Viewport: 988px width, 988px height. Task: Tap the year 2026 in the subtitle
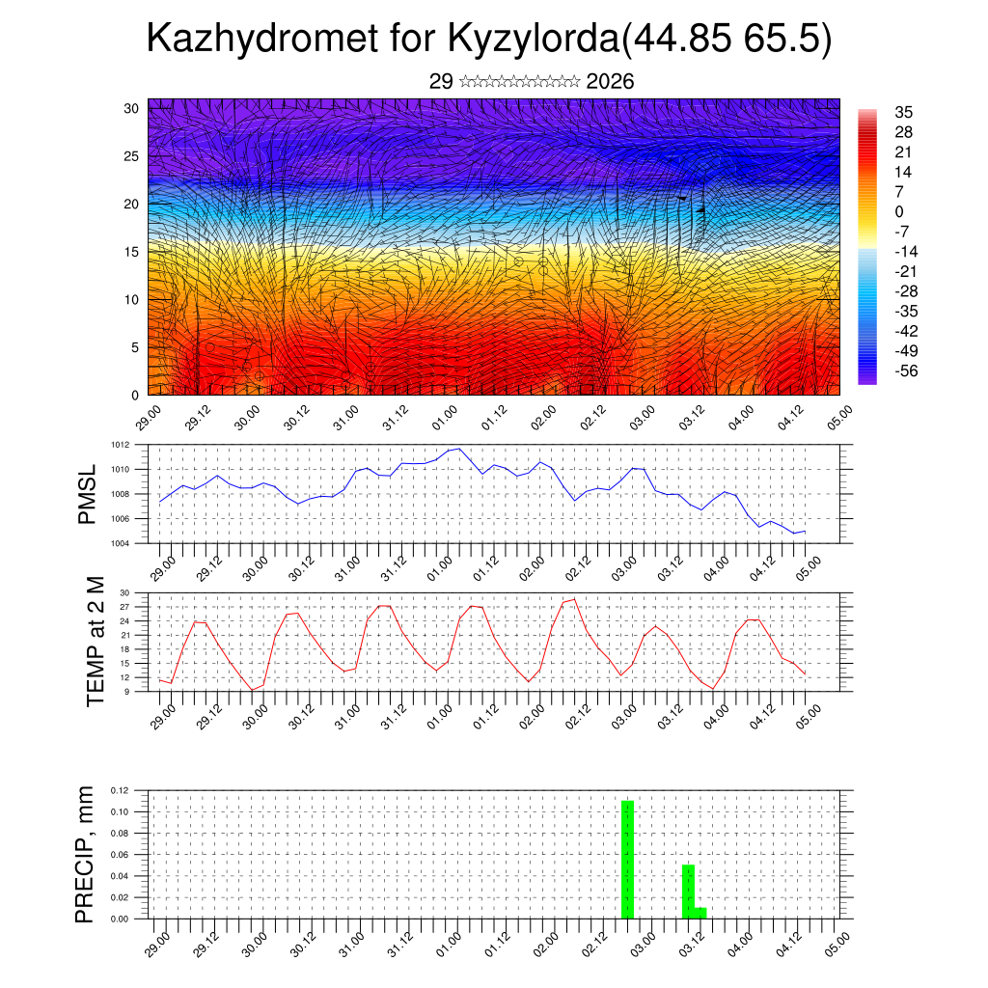(610, 81)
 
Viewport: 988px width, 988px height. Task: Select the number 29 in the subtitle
(441, 81)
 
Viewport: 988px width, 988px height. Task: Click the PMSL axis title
(88, 494)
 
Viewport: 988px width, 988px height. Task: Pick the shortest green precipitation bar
(700, 912)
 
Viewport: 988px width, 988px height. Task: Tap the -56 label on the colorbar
(906, 370)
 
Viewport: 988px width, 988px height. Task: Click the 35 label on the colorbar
(903, 112)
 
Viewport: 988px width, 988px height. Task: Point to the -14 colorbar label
(906, 251)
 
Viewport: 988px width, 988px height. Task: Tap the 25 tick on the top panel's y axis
(132, 155)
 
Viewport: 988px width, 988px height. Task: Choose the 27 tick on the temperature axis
(124, 607)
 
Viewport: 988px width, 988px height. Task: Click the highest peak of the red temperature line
(575, 599)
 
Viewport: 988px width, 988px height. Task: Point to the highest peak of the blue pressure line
(459, 449)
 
